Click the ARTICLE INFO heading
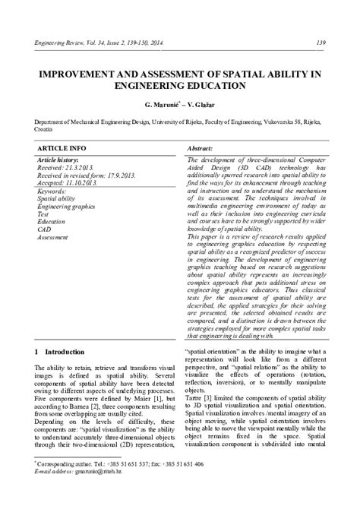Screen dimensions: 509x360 pyautogui.click(x=62, y=147)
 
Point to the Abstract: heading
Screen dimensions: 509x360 pyautogui.click(x=199, y=147)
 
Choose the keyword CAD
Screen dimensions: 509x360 pyautogui.click(x=44, y=229)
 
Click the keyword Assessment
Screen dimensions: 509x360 pyautogui.click(x=53, y=236)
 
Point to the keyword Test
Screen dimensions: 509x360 pyautogui.click(x=43, y=214)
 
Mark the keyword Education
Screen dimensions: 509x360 pyautogui.click(x=52, y=221)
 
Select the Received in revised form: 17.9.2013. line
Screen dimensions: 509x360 pyautogui.click(x=85, y=175)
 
